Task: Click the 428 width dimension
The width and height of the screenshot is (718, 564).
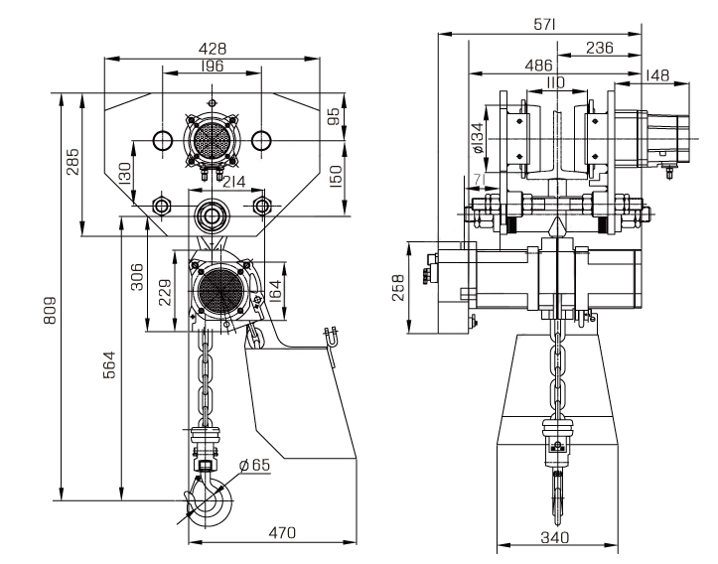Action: point(212,47)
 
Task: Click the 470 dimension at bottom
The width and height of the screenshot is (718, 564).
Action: point(283,533)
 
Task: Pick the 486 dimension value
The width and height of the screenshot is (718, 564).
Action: point(537,65)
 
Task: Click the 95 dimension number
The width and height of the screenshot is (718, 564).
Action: point(335,116)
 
